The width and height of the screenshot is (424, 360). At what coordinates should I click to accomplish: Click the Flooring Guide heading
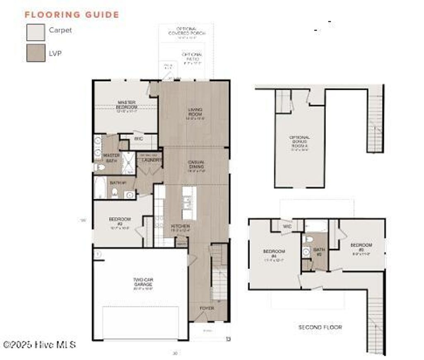coord(72,15)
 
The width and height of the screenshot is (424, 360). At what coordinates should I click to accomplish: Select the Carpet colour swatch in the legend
coord(36,32)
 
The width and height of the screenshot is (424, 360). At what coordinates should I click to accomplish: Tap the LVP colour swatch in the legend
coord(36,53)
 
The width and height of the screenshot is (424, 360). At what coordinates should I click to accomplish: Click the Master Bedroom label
coord(127,105)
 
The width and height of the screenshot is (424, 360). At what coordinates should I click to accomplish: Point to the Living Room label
coord(195,112)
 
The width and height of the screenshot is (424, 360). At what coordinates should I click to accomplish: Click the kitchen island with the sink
coord(189,203)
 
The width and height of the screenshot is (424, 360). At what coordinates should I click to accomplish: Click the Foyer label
coord(207,308)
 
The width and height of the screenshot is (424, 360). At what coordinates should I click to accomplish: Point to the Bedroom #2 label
coord(120,221)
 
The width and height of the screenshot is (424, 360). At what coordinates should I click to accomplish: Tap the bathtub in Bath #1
coord(100,187)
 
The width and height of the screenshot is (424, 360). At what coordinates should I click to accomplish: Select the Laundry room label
coord(151,160)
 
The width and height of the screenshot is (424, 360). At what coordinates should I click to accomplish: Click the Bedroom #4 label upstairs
coord(274,254)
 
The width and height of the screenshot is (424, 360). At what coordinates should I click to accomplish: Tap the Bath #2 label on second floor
coord(318,252)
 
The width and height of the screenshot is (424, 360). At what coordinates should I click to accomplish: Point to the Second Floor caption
coord(320,327)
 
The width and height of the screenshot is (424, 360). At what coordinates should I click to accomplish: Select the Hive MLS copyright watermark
coord(40,344)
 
